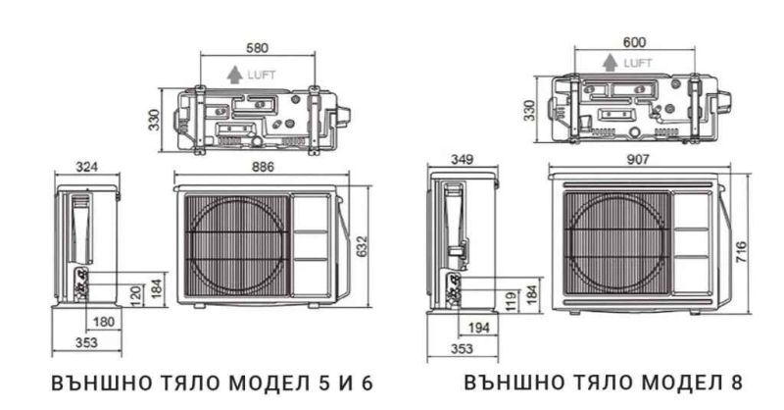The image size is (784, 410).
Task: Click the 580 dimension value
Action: (x=257, y=47)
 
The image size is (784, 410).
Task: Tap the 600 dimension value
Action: (x=634, y=42)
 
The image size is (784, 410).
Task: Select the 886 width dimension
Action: (x=263, y=167)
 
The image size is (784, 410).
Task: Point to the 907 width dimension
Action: (x=638, y=159)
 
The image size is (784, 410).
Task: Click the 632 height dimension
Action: (x=362, y=246)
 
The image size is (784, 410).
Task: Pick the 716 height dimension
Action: (x=741, y=252)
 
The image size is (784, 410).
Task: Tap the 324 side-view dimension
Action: (x=86, y=167)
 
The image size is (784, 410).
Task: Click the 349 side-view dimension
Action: (x=462, y=159)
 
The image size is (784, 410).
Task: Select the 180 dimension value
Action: (x=104, y=322)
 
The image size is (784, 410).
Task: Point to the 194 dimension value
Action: (x=478, y=328)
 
